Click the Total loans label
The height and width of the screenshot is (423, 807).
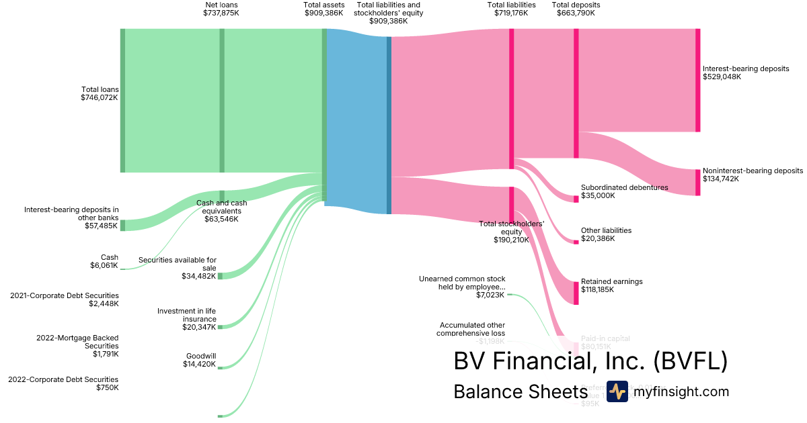[x=100, y=93]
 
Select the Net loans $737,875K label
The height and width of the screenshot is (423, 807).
[x=221, y=9]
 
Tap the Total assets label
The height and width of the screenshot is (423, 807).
[x=323, y=9]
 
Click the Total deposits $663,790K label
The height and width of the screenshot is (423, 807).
[x=576, y=9]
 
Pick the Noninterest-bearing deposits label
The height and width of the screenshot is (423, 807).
[x=752, y=175]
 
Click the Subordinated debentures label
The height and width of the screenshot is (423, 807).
[x=624, y=191]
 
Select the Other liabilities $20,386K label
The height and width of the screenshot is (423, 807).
[x=606, y=234]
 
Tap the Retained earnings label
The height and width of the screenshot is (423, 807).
[x=611, y=285]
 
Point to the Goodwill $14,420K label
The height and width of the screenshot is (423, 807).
[x=200, y=360]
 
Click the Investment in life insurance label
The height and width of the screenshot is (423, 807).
[x=186, y=319]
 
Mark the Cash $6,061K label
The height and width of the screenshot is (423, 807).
[x=105, y=261]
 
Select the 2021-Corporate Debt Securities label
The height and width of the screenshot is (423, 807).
[x=64, y=299]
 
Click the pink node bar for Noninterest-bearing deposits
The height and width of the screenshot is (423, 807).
[x=697, y=183]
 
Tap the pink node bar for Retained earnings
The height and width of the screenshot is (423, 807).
[x=576, y=293]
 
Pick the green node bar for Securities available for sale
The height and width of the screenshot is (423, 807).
[x=220, y=276]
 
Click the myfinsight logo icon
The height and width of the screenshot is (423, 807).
[x=617, y=391]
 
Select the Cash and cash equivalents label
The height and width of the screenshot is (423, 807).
[x=221, y=211]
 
